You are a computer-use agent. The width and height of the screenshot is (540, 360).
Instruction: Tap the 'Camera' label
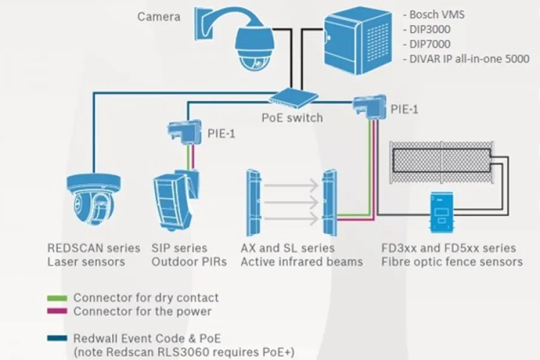point(158,17)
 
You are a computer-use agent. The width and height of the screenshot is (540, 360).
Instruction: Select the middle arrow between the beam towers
point(290,203)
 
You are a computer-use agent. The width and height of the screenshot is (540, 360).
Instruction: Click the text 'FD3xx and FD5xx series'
point(449,248)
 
